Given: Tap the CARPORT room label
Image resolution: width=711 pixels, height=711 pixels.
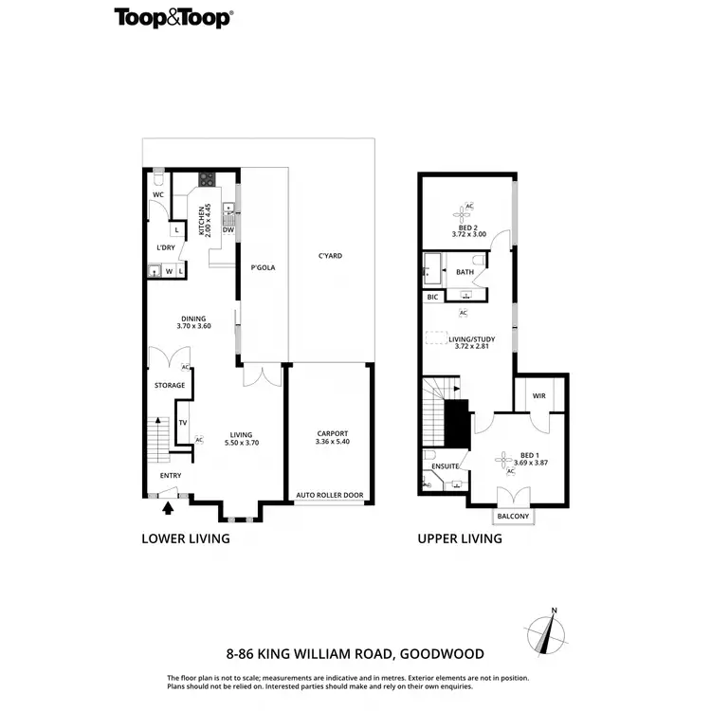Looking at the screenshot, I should coord(331,433).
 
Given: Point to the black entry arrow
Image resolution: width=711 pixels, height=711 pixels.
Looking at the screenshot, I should coord(169,508).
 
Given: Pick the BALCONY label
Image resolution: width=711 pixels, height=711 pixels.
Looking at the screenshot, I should coord(513,517).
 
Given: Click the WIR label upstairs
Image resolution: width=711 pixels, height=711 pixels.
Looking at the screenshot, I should coord(539,396).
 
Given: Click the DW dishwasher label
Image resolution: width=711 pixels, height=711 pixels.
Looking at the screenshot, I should coord(228,229).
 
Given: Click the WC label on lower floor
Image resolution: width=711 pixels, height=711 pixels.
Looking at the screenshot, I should coord(158,195).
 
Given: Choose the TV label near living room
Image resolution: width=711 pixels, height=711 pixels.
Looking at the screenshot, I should coord(183,422).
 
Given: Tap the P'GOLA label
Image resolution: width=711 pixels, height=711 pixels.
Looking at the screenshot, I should coord(263,268).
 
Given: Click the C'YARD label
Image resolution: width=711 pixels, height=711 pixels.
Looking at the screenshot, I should coord(330,256).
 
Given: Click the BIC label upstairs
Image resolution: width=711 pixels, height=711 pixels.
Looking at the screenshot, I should coord(433,298).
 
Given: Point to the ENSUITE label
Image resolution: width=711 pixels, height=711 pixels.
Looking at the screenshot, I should coord(445,466).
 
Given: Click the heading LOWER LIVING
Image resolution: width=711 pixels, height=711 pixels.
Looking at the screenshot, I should coord(186,538).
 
